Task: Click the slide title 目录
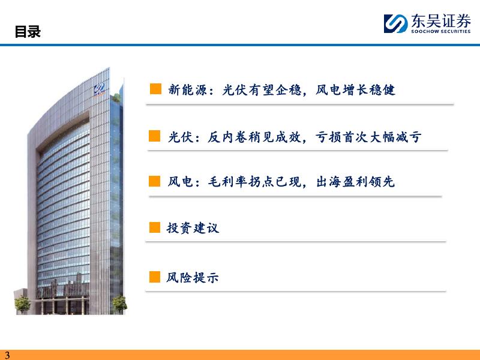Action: click(x=28, y=32)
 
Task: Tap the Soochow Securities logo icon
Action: click(x=395, y=23)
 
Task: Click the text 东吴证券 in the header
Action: click(x=441, y=21)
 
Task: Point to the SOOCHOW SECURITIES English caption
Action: click(x=441, y=31)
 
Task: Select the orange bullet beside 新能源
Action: click(x=155, y=88)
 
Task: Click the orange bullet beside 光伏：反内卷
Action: click(x=155, y=136)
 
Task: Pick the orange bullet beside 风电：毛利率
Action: click(x=155, y=181)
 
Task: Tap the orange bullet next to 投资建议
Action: click(x=155, y=227)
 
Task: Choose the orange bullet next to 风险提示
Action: click(x=155, y=277)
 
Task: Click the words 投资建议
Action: click(x=193, y=228)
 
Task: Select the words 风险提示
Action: click(x=193, y=277)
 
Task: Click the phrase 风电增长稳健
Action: click(x=355, y=90)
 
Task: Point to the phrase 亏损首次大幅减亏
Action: click(x=368, y=137)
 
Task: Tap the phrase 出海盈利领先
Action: click(x=355, y=182)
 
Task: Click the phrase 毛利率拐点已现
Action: click(x=254, y=182)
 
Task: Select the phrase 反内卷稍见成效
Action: click(x=254, y=137)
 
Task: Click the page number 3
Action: click(x=7, y=355)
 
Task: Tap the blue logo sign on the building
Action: click(x=100, y=89)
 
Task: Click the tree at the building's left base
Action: click(x=22, y=305)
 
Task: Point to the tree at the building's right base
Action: click(x=119, y=304)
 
